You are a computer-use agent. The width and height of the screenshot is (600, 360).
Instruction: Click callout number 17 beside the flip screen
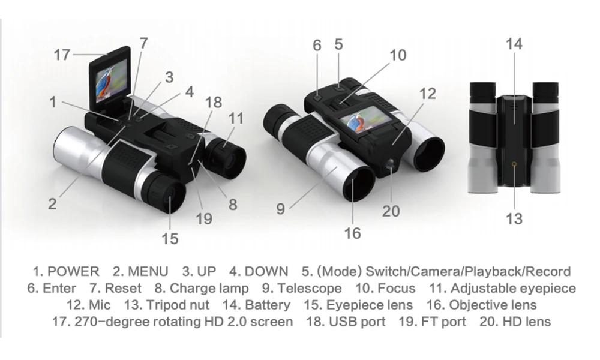coord(62,55)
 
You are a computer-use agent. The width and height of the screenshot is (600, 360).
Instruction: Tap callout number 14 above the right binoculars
coord(514,44)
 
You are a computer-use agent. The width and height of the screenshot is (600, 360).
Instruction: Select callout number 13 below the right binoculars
coord(514,218)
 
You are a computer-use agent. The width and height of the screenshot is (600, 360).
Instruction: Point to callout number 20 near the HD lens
coord(391,211)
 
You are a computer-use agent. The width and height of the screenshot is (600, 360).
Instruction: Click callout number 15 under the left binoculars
coord(170,238)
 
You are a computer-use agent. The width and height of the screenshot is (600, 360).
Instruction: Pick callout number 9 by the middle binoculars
coord(281,209)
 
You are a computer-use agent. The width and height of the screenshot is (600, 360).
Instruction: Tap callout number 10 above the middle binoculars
coord(398,55)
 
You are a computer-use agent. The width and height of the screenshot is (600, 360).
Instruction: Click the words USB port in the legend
coord(357,322)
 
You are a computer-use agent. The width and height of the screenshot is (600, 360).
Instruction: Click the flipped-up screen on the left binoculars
coord(109,79)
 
